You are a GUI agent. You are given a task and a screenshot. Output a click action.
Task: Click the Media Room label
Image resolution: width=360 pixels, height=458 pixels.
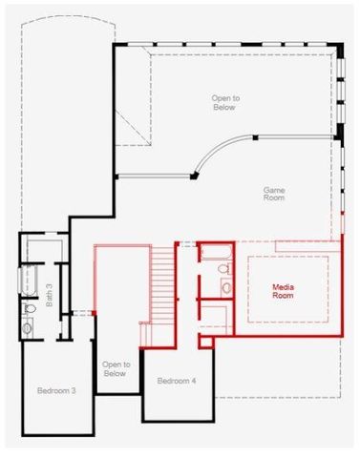284,290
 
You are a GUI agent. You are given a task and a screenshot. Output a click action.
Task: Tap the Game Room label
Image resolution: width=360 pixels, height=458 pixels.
275,194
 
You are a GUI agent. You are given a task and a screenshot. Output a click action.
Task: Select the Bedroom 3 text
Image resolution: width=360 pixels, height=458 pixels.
56,391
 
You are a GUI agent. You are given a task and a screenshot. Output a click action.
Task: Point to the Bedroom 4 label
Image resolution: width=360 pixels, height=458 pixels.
177,382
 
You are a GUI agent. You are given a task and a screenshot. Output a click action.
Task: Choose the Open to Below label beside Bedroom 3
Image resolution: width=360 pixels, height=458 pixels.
115,369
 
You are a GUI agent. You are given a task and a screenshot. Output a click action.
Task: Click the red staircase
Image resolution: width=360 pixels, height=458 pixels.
163,286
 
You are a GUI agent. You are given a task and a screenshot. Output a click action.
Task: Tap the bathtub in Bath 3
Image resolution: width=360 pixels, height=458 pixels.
26,283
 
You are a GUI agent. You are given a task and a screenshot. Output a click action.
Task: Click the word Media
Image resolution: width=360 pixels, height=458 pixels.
284,285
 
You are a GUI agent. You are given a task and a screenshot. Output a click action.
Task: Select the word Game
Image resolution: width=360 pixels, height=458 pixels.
275,189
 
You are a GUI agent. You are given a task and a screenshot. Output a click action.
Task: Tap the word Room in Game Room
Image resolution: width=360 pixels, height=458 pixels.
275,198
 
